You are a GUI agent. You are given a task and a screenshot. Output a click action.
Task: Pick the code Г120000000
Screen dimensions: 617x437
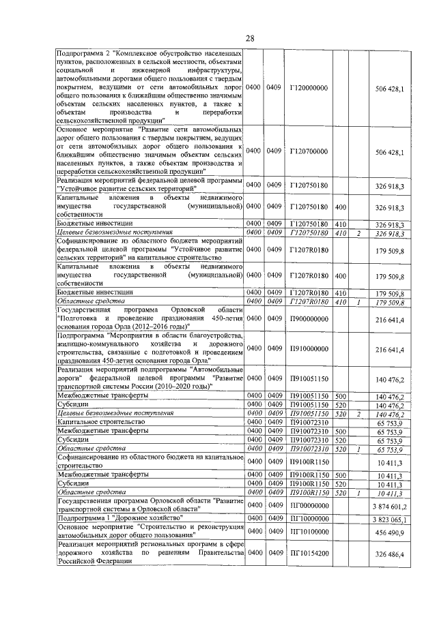click(x=309, y=88)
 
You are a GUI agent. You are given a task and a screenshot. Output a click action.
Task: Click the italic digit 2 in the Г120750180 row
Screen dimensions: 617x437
click(x=358, y=234)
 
